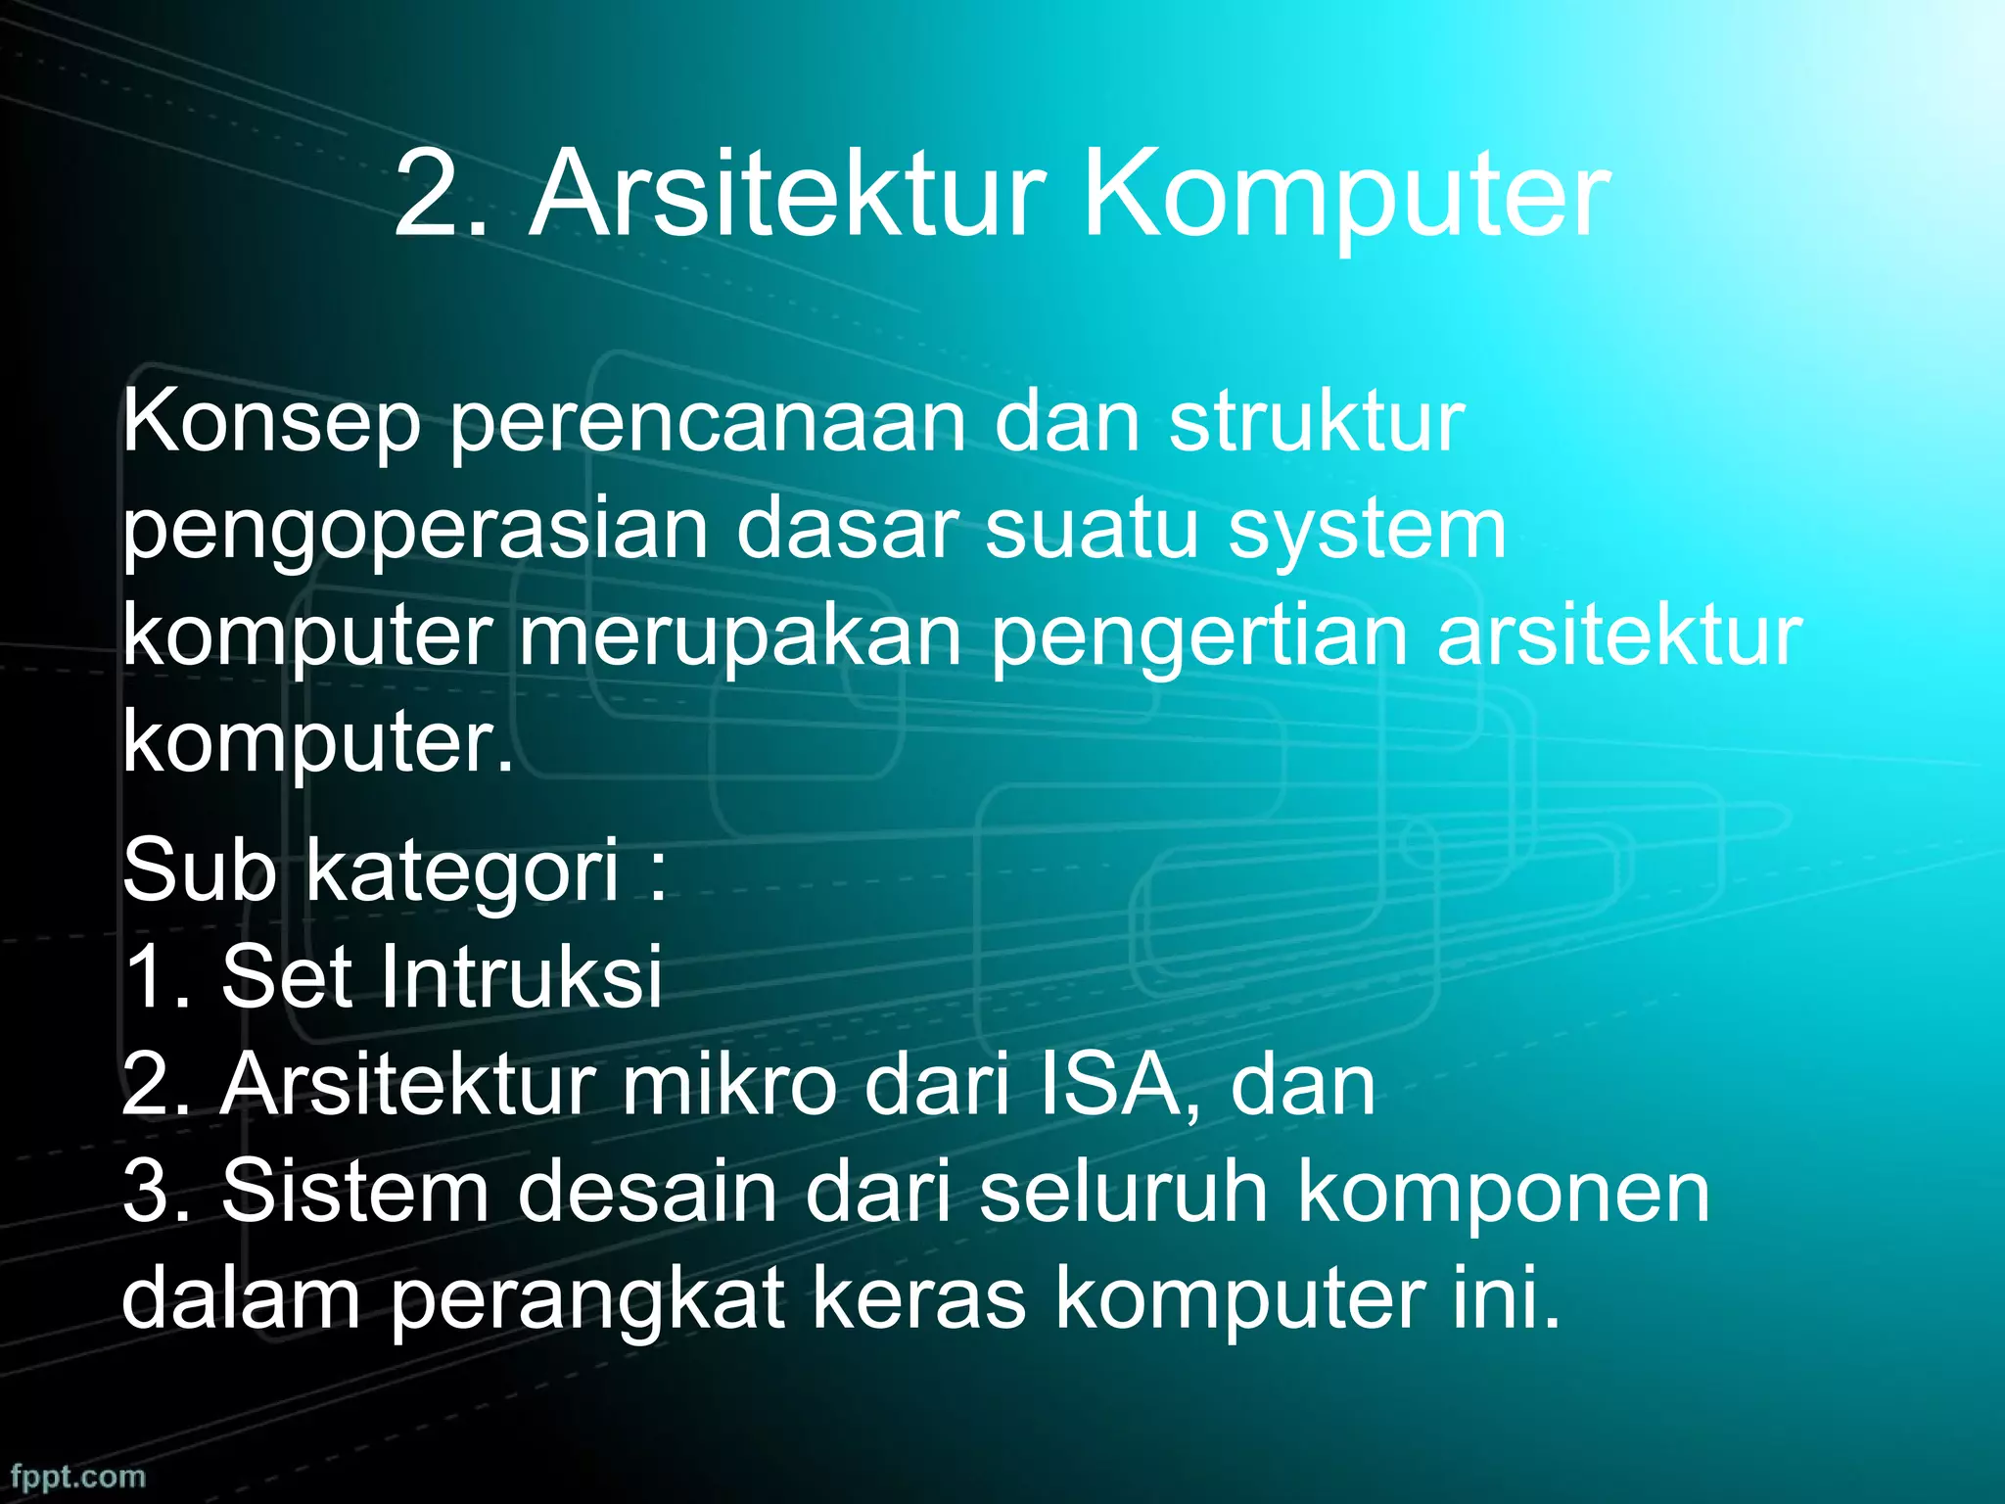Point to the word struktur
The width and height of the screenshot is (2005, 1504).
(x=1317, y=423)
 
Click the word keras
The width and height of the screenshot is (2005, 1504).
(x=916, y=1299)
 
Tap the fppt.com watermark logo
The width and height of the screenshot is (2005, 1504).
(x=78, y=1476)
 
